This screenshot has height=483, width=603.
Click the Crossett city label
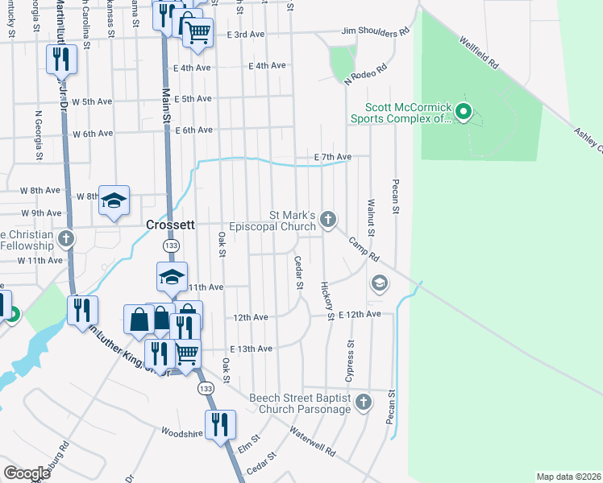171,226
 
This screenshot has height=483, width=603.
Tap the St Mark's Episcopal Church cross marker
327,219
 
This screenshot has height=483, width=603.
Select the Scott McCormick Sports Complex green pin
463,111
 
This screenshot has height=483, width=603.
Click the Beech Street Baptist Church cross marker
363,401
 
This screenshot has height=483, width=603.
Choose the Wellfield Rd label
480,51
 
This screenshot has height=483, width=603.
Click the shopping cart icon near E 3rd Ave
197,32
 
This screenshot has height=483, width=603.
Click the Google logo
27,473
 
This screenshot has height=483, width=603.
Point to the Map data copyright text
568,477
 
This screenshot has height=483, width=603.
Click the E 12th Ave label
359,314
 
